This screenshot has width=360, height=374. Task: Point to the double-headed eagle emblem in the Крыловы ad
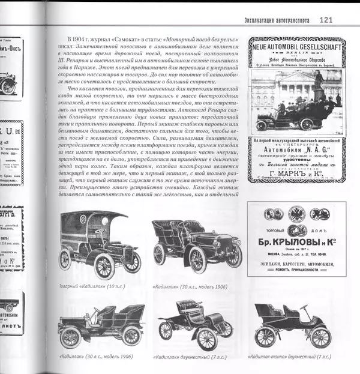pyautogui.click(x=296, y=213)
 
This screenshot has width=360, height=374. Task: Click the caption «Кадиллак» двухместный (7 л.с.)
pyautogui.click(x=189, y=357)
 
